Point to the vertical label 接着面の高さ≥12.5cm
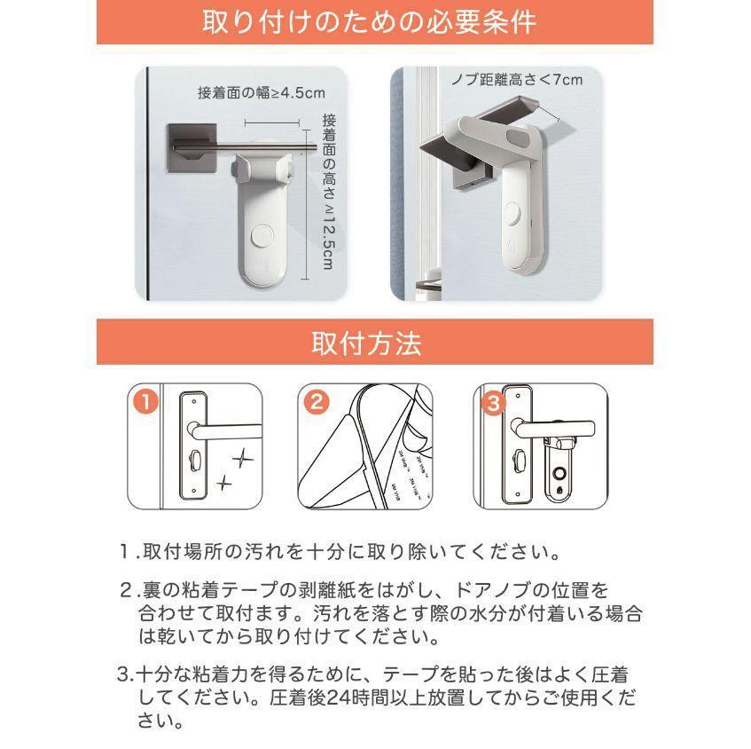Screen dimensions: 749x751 pyautogui.click(x=327, y=191)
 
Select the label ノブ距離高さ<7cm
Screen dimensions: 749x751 pyautogui.click(x=526, y=80)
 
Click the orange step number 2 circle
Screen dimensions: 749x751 pyautogui.click(x=315, y=401)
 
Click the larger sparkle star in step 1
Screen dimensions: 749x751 pyautogui.click(x=240, y=457)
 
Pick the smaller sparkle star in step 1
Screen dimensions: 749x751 pyautogui.click(x=224, y=483)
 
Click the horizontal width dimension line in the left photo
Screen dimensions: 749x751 pyautogui.click(x=270, y=124)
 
